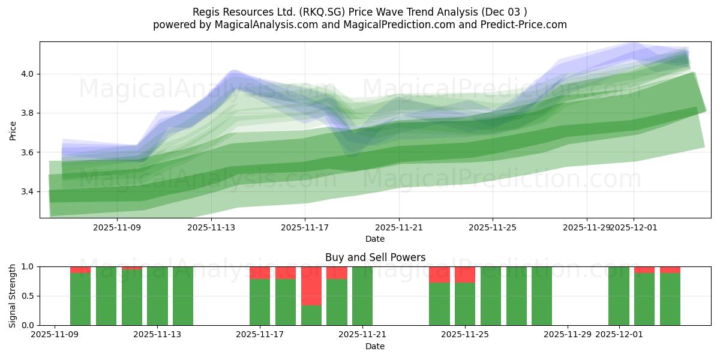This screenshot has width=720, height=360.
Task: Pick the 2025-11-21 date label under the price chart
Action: [x=398, y=227]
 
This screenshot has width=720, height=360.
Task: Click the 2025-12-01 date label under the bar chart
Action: [x=619, y=335]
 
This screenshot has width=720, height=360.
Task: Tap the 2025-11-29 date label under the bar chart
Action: [x=568, y=335]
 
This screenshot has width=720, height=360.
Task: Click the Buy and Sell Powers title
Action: [x=375, y=257]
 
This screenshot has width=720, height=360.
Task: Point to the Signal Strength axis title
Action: [x=13, y=296]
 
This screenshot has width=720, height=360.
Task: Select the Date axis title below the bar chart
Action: [x=375, y=346]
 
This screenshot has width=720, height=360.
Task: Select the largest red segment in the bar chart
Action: [x=311, y=286]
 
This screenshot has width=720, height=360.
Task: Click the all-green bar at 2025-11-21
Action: [x=362, y=296]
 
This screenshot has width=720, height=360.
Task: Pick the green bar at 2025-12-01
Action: [x=619, y=296]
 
